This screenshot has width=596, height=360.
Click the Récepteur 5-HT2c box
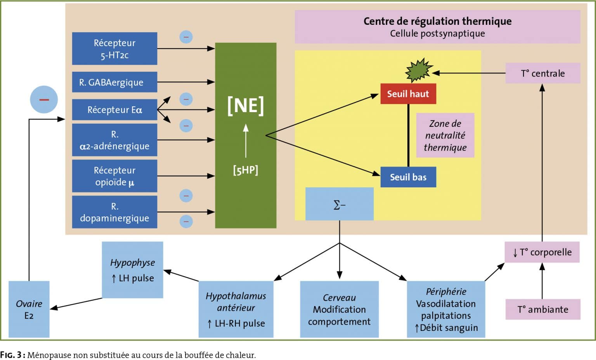[x=115, y=48]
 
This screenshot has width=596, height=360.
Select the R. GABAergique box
[x=115, y=82]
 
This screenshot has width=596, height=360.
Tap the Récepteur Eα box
[x=115, y=110]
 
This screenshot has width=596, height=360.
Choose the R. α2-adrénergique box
[x=115, y=140]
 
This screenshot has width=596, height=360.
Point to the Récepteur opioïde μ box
[x=115, y=176]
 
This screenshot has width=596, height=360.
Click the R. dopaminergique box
[x=115, y=212]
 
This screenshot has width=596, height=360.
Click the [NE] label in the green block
[x=246, y=106]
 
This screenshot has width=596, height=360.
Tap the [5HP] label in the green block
[x=246, y=170]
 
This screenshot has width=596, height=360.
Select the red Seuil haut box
[x=408, y=93]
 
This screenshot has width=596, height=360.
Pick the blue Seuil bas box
[x=408, y=177]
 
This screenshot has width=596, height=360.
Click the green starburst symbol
[x=419, y=70]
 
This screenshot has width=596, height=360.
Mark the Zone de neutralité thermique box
[x=445, y=135]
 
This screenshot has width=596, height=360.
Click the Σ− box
[x=340, y=204]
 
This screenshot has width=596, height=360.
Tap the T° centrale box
[x=543, y=73]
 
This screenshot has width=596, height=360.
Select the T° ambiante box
[x=543, y=309]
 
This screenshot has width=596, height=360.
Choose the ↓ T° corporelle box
[x=542, y=252]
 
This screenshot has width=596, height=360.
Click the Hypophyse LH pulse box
[x=132, y=270]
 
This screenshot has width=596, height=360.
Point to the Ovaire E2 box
[x=29, y=309]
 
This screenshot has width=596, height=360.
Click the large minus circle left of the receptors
[x=44, y=100]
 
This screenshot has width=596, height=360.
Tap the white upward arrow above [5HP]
[x=246, y=141]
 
